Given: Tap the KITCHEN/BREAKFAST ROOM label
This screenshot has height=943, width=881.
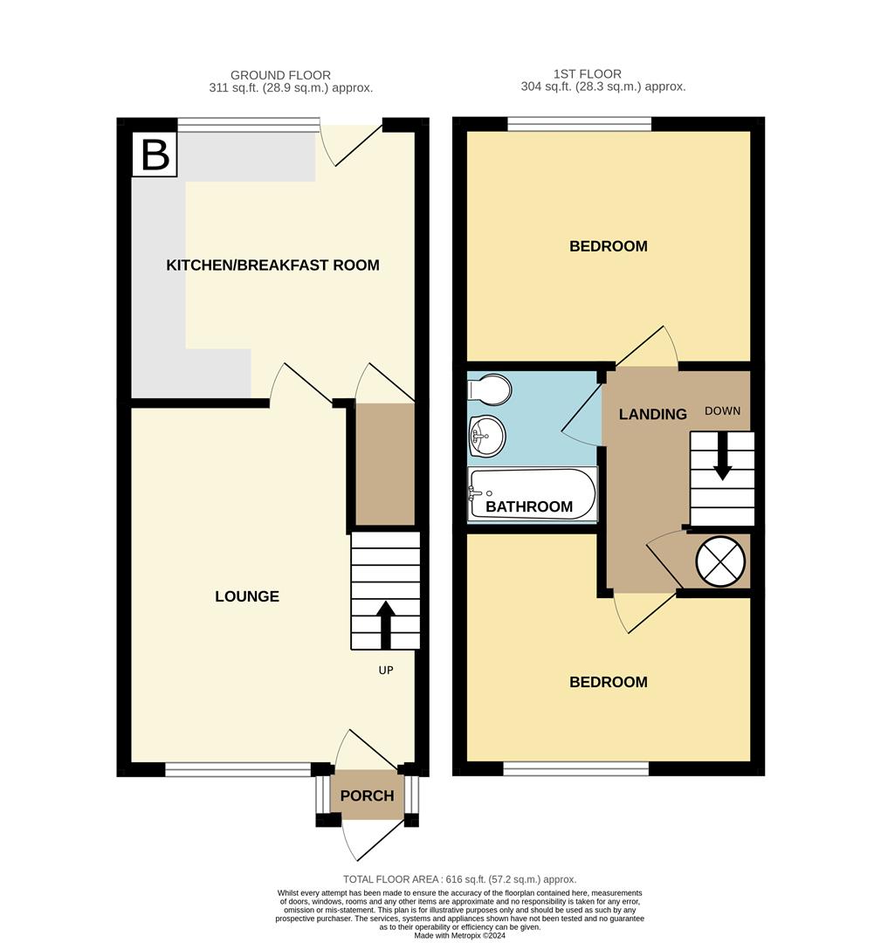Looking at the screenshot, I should [272, 265].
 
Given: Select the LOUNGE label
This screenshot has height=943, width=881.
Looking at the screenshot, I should [247, 596].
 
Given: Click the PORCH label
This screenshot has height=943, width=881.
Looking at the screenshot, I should [367, 795].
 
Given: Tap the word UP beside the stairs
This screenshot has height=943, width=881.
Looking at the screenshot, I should [386, 671].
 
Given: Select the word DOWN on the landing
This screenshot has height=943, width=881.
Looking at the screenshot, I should [722, 411].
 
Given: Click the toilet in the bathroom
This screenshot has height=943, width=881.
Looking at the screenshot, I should [488, 390].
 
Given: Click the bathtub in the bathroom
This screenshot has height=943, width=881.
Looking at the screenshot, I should [532, 494].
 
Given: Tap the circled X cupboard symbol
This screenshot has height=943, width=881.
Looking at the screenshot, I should [719, 561].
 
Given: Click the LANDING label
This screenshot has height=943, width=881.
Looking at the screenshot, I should [652, 415].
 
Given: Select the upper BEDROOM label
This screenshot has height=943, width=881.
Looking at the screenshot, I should [608, 246].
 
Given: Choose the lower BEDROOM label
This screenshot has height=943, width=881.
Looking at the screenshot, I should [608, 682].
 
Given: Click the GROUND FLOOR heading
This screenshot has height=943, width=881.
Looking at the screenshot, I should [280, 76].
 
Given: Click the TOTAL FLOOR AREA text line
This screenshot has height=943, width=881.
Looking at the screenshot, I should [459, 879].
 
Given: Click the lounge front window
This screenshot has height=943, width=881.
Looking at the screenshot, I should [237, 769].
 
